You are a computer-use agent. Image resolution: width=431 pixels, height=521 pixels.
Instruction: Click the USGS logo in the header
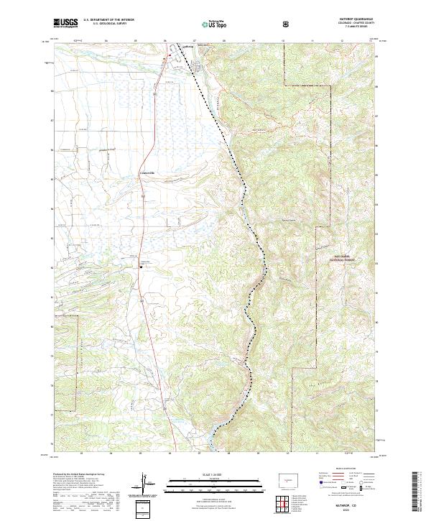[66, 23]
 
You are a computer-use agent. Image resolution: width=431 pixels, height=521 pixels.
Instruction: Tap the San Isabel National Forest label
[337, 258]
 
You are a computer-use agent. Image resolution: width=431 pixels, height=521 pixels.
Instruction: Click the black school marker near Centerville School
[141, 267]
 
